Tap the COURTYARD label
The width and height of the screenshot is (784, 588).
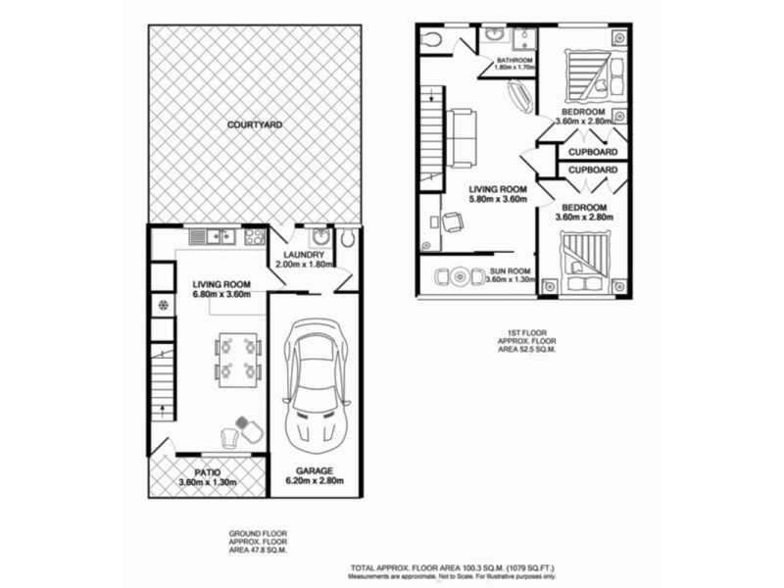255,125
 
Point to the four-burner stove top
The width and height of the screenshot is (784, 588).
255,236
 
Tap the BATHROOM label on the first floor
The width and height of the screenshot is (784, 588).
514,61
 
